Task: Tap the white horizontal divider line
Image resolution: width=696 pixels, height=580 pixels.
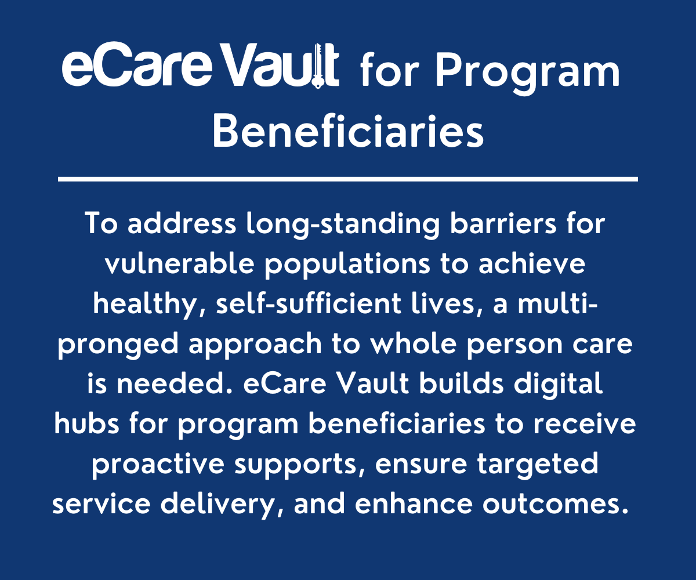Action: pos(348,179)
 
